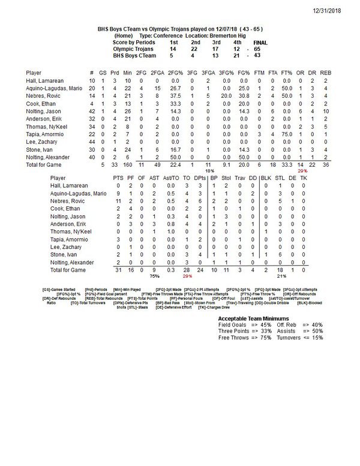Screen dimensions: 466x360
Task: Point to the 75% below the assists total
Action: (154, 277)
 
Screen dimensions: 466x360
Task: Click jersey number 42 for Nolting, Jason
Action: (91, 112)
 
